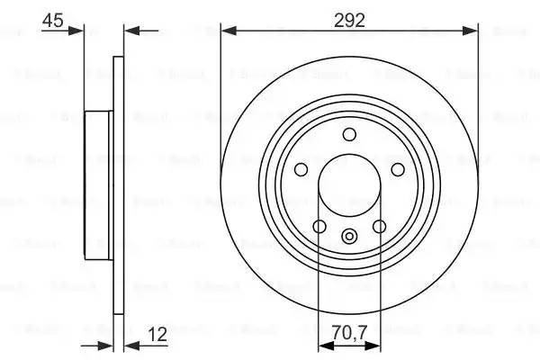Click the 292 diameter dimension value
[349, 20]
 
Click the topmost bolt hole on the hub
[349, 135]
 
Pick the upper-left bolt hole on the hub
[301, 170]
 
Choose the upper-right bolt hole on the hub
[397, 170]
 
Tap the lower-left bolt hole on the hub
[319, 226]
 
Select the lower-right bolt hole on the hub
[379, 226]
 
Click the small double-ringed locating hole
[349, 238]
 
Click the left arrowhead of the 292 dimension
[227, 31]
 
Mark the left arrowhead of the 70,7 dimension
[324, 344]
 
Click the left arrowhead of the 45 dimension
[78, 31]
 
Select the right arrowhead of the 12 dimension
[129, 344]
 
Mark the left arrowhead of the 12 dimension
[107, 344]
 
